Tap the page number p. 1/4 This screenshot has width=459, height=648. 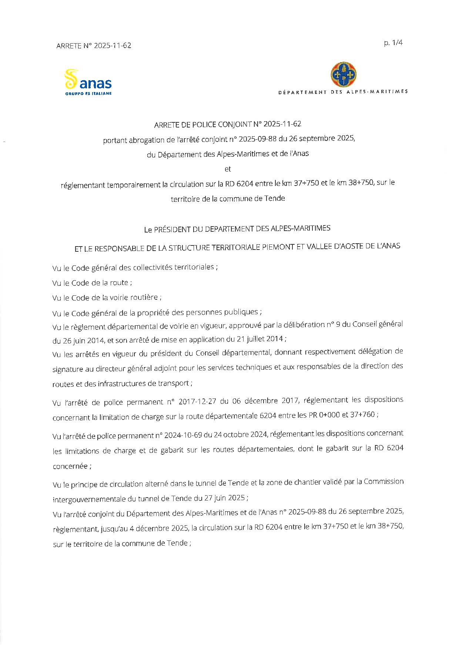coord(393,43)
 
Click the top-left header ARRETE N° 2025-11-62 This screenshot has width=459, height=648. coord(94,46)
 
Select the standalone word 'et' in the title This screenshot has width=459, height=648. coord(228,169)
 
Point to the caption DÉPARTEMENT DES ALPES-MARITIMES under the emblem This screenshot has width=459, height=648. coord(343,92)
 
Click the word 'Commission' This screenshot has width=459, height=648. coord(383,482)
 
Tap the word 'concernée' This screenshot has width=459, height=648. coord(70,466)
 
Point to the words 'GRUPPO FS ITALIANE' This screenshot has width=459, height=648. coord(88,94)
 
